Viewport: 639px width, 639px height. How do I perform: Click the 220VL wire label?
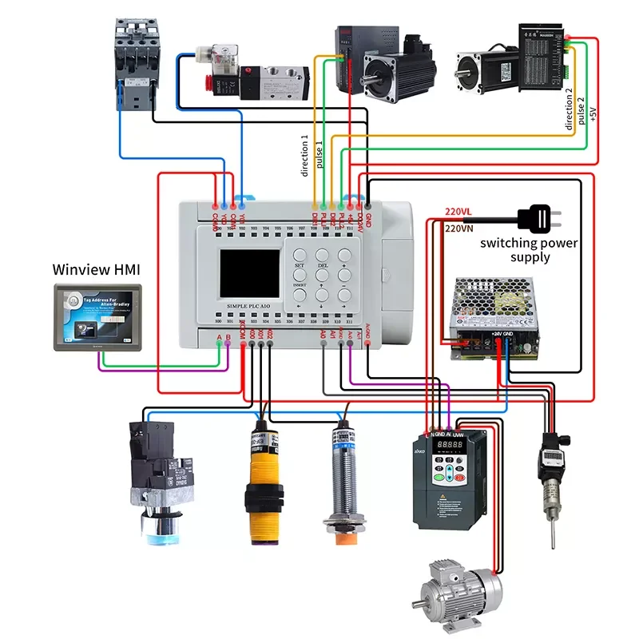(459, 212)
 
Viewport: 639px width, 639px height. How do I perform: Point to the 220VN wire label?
(460, 228)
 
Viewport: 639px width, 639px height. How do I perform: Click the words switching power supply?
(529, 250)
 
